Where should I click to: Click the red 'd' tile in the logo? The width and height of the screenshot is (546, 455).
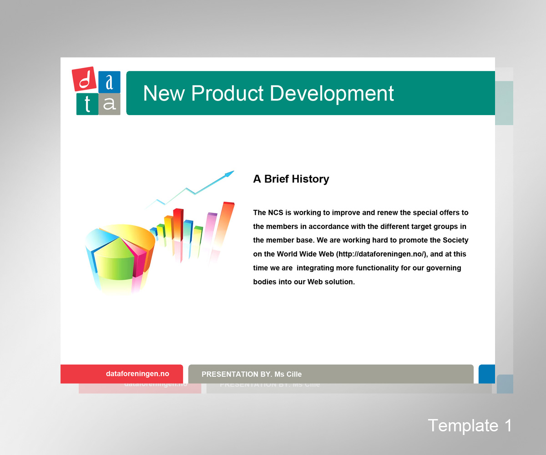tap(84, 79)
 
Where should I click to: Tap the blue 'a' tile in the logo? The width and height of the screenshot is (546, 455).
tap(109, 82)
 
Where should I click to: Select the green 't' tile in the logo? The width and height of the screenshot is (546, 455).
tap(87, 104)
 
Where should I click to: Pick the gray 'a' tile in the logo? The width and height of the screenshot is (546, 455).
tap(109, 104)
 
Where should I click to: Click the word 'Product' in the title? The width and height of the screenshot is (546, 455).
tap(227, 93)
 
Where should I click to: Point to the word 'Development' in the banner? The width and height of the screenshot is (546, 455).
tap(332, 94)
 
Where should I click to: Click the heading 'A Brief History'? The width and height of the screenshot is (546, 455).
tap(291, 179)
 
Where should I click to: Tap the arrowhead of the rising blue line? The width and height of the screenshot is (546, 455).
tap(230, 174)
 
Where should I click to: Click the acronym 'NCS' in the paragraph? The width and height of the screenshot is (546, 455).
tap(276, 212)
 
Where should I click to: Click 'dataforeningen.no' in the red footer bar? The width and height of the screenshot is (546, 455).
tap(137, 374)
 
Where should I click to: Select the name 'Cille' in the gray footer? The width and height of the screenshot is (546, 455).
tap(293, 374)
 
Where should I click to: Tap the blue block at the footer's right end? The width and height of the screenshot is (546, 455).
tap(487, 374)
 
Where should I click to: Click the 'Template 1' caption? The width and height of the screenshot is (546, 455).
tap(470, 426)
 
